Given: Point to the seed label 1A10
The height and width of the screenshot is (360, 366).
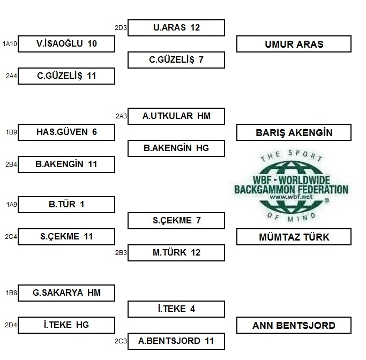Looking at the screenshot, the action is click(x=10, y=43).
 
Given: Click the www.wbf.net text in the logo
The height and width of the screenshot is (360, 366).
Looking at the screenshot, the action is click(x=291, y=197).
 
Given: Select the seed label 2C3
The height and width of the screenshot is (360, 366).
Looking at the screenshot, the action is click(x=121, y=341).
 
